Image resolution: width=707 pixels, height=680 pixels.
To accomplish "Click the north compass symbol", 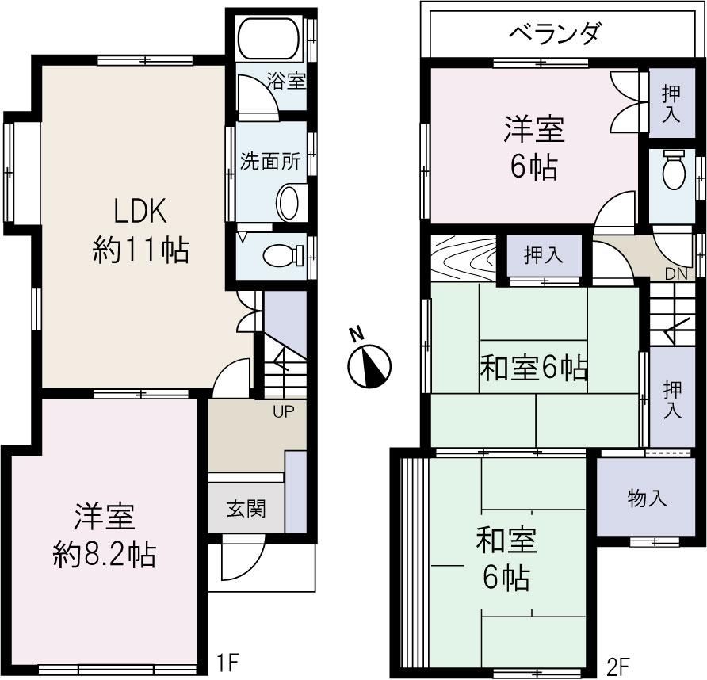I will (x=370, y=365).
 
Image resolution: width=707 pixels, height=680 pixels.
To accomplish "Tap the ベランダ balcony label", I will (x=556, y=35).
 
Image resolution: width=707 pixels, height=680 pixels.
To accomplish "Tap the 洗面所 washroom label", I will (x=270, y=160).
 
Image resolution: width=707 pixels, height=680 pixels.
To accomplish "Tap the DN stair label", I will (x=675, y=273).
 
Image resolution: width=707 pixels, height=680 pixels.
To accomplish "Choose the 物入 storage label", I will (x=646, y=499).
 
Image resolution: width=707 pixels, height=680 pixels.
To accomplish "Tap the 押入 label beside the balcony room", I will (x=671, y=102).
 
